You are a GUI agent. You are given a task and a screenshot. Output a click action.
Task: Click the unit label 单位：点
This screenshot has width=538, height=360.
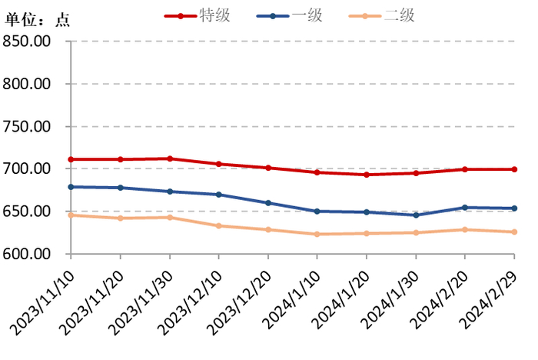37,21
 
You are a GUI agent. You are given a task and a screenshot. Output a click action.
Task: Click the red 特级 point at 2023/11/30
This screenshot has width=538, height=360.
170,158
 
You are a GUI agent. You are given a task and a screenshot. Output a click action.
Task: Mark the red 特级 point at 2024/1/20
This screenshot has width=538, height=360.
367,175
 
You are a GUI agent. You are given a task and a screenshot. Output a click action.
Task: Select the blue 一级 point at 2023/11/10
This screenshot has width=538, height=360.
71,187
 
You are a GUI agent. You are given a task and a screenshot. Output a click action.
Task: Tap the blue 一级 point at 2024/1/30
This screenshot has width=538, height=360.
416,215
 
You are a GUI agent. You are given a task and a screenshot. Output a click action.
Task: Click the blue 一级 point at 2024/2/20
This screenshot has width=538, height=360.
465,208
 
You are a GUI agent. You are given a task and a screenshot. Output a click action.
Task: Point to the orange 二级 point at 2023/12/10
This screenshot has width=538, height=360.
219,225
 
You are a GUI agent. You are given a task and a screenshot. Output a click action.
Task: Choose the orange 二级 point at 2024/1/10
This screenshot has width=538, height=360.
317,234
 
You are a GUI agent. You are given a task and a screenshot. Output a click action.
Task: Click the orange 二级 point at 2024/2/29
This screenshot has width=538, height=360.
514,232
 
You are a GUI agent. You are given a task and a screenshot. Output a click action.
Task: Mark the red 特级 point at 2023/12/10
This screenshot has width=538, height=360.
219,164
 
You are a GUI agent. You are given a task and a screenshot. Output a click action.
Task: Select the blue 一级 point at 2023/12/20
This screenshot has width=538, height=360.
268,203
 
